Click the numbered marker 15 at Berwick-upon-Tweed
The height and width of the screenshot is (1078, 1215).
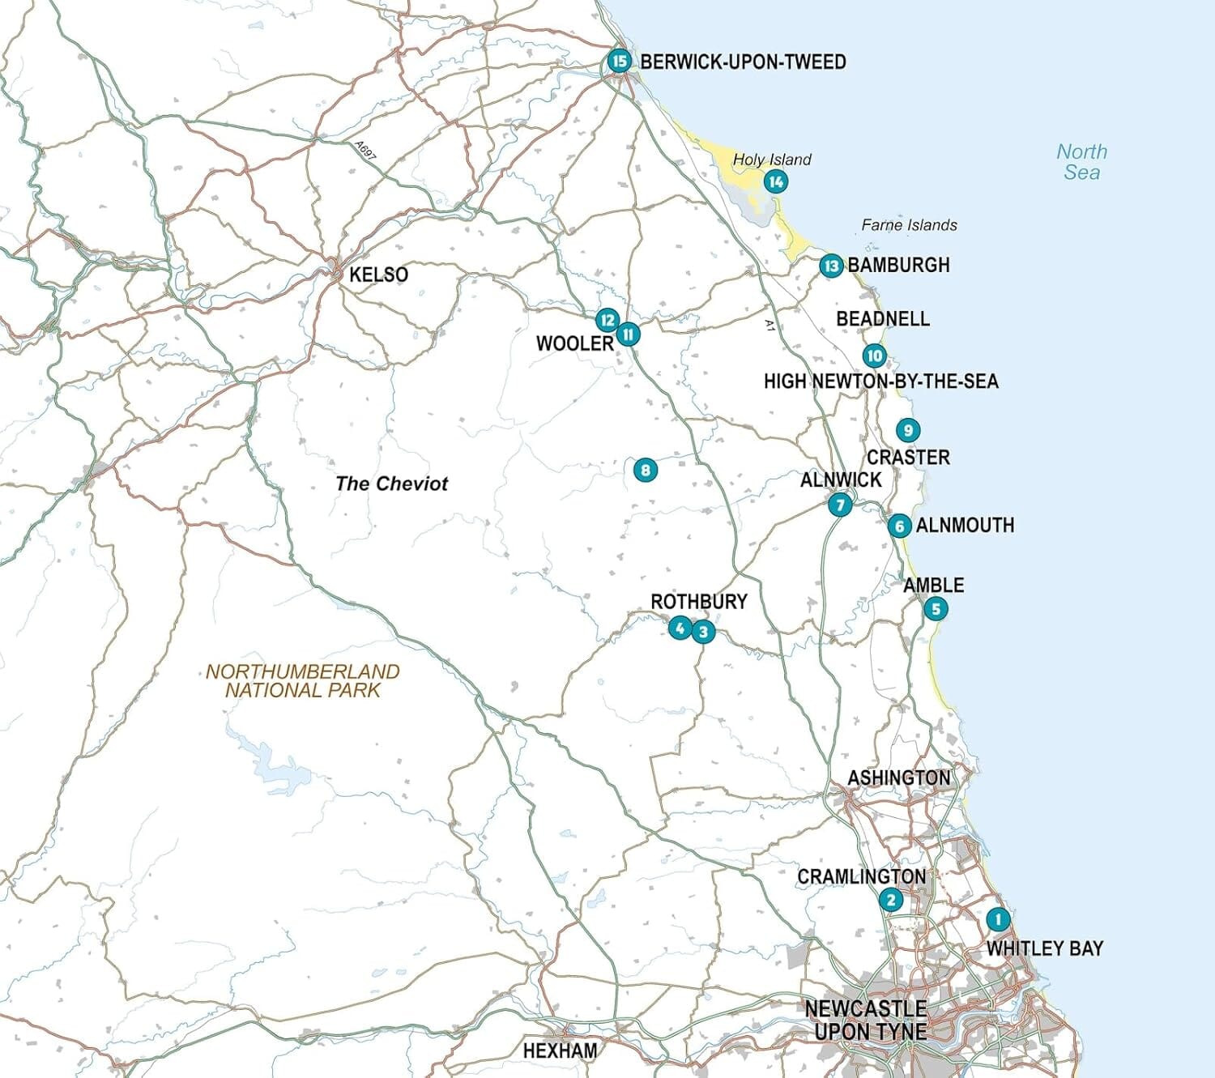pos(619,62)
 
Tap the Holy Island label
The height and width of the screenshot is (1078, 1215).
pos(771,160)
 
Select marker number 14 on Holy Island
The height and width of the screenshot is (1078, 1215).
pos(776,181)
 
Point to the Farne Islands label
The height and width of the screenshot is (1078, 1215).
pos(909,225)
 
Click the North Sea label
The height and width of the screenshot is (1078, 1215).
pos(1081,162)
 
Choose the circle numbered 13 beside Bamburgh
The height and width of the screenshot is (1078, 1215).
pos(830,266)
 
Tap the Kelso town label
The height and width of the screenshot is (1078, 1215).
pos(378,275)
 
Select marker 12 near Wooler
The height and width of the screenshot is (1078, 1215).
pos(607,320)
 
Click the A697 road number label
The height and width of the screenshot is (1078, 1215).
pos(365,151)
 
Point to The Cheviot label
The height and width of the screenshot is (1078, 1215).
pos(391,484)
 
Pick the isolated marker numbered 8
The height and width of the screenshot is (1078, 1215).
pos(645,470)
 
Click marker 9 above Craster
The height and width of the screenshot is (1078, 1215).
pos(908,430)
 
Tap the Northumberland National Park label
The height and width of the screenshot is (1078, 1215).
pos(302,681)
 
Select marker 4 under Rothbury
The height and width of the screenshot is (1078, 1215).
pos(680,627)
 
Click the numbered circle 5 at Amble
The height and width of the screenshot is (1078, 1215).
pos(936,609)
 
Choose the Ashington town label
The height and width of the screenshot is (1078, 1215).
pos(898,778)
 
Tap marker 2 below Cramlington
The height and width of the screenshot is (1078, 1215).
pos(891,899)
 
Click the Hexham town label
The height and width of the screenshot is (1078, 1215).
pos(560,1050)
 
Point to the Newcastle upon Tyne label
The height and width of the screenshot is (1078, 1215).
pos(865,1020)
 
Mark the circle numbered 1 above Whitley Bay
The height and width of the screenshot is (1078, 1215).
pos(998,919)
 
